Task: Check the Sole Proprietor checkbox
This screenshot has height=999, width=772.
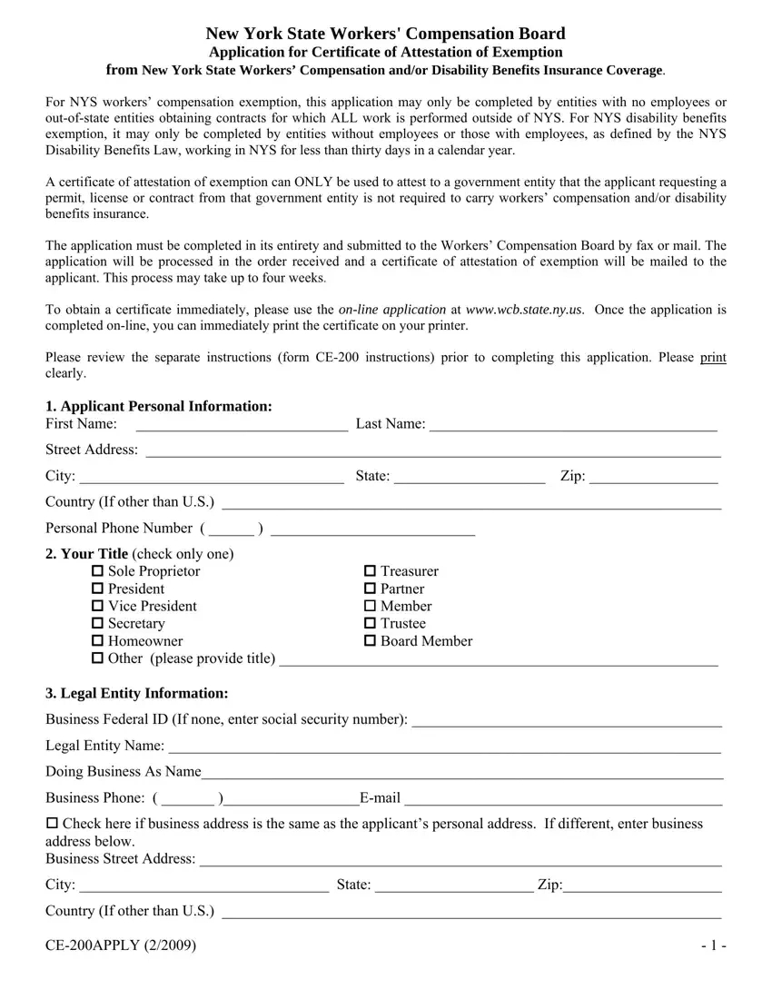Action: click(x=98, y=571)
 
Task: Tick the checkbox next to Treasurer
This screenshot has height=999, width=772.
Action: click(x=370, y=571)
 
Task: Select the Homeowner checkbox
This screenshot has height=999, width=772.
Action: click(x=98, y=641)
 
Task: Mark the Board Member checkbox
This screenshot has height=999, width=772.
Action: click(x=370, y=641)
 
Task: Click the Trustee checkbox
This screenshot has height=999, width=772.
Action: click(x=370, y=624)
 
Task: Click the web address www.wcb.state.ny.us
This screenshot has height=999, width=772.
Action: click(x=522, y=310)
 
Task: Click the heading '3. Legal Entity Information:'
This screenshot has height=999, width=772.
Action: click(x=137, y=694)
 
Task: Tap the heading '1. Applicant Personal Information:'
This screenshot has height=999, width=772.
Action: click(x=159, y=406)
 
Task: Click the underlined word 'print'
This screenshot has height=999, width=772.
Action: click(x=713, y=357)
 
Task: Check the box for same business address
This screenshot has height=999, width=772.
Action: click(x=52, y=824)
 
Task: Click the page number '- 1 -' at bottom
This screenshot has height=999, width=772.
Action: click(x=712, y=946)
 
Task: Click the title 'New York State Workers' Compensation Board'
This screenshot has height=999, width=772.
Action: click(x=386, y=35)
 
